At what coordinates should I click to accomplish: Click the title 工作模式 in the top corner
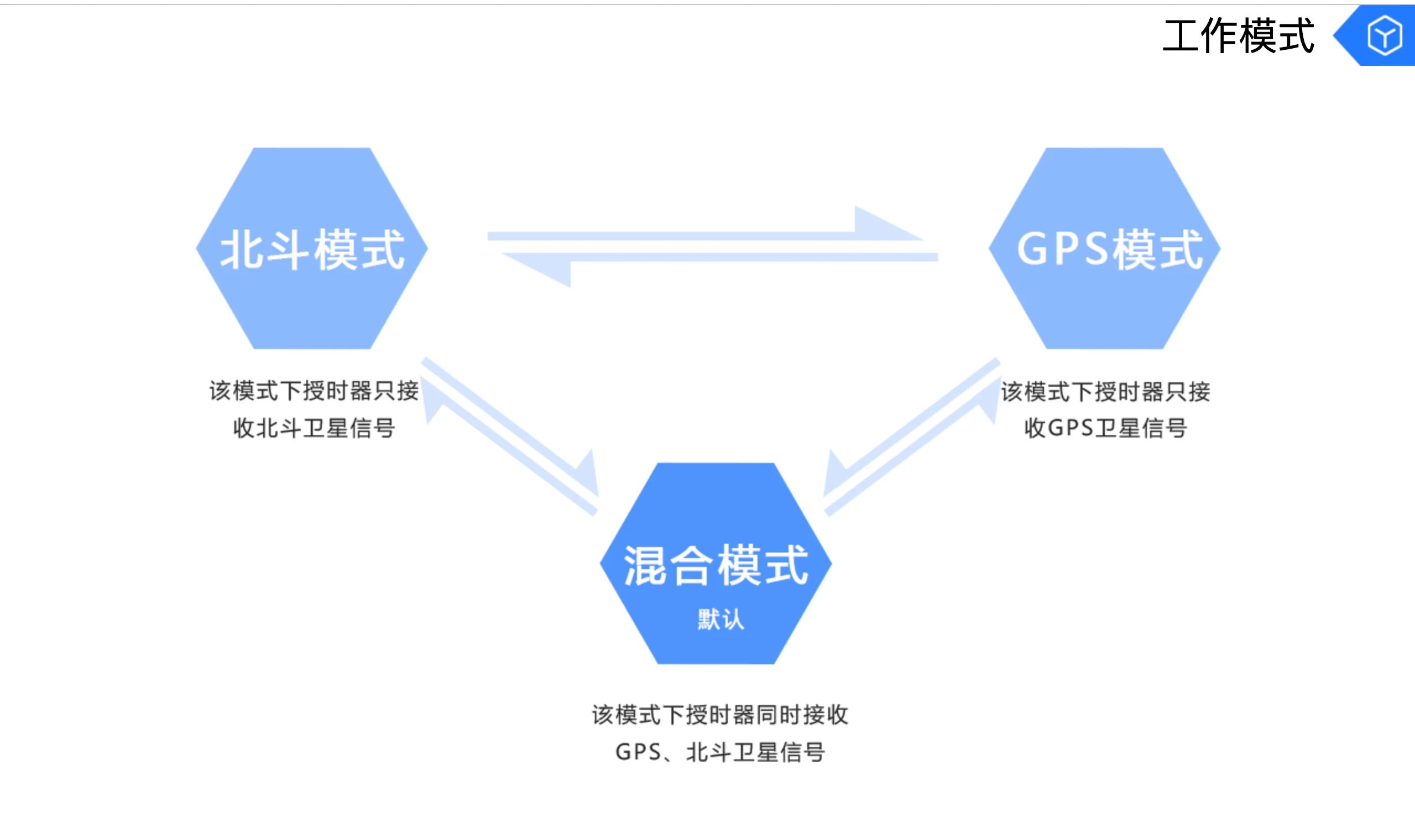pyautogui.click(x=1239, y=35)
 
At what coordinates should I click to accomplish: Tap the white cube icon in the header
pyautogui.click(x=1384, y=35)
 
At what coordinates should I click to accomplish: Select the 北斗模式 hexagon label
pyautogui.click(x=312, y=249)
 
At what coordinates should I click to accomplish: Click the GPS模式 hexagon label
pyautogui.click(x=1109, y=249)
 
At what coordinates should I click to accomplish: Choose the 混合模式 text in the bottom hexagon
pyautogui.click(x=716, y=565)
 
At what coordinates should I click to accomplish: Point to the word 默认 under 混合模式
pyautogui.click(x=720, y=620)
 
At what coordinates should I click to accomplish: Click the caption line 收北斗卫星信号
pyautogui.click(x=314, y=428)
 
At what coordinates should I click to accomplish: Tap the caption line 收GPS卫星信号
pyautogui.click(x=1105, y=428)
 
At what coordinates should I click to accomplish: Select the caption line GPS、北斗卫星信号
pyautogui.click(x=719, y=752)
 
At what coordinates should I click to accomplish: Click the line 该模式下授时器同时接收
pyautogui.click(x=719, y=715)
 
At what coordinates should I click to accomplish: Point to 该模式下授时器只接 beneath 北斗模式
pyautogui.click(x=314, y=391)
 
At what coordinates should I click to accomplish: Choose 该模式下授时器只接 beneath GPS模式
pyautogui.click(x=1105, y=391)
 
